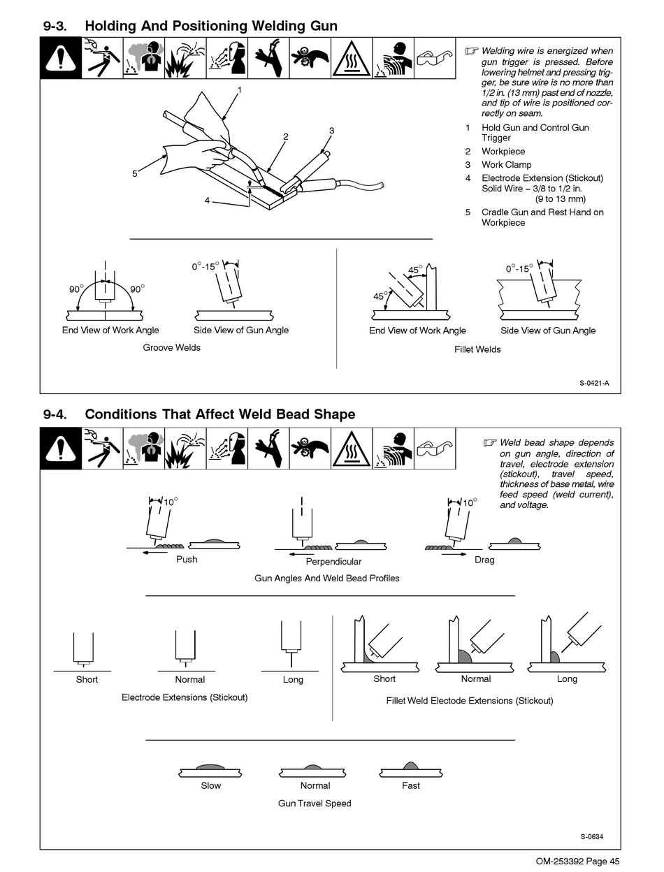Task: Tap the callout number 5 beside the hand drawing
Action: tap(135, 173)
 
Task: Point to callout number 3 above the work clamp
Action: tap(331, 131)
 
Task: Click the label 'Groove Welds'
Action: tap(171, 347)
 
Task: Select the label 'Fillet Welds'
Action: tap(477, 349)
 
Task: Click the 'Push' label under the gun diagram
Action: tap(187, 559)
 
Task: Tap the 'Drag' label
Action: tap(484, 560)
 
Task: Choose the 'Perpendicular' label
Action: tap(333, 561)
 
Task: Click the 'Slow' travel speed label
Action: tap(210, 785)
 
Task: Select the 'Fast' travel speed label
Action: tap(411, 785)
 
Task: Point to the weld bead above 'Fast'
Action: tap(411, 766)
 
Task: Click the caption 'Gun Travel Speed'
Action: tap(315, 804)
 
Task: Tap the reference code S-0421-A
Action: tap(599, 383)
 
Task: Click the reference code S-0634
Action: tap(591, 837)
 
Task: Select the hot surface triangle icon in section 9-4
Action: tap(352, 449)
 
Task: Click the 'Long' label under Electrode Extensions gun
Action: tap(293, 679)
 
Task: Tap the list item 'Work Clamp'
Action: tap(506, 165)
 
